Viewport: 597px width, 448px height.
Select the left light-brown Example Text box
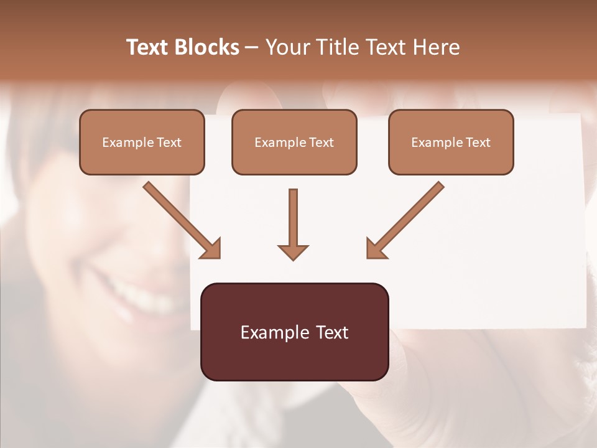[142, 142]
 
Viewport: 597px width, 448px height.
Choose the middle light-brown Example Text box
[294, 142]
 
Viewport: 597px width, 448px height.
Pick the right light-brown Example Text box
[451, 142]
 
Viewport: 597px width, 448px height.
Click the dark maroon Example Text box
[294, 332]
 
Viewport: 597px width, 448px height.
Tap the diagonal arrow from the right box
[405, 219]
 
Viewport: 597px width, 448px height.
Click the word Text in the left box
[169, 142]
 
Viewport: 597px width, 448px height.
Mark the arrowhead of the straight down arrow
[293, 252]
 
